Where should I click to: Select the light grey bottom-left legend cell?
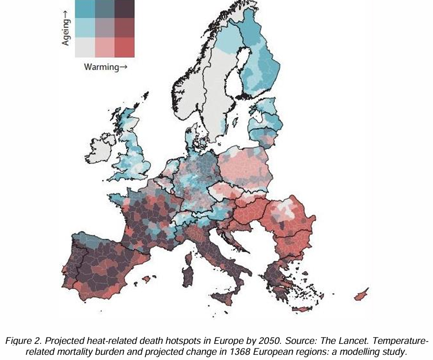coord(85,47)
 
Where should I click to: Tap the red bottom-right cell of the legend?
coord(125,47)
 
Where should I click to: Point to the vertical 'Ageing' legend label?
coord(66,29)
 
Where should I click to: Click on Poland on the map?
coord(245,166)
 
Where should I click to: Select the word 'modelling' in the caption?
coord(364,352)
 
